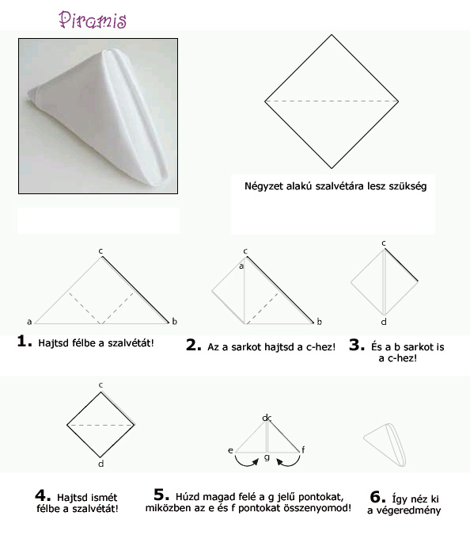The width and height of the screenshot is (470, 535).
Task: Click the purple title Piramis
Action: point(93,20)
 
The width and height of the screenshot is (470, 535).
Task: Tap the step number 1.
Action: point(25,341)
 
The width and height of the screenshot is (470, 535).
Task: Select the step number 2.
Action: point(194,345)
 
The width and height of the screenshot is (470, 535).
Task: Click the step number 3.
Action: point(357,345)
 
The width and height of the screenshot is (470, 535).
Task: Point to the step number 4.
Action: point(43,495)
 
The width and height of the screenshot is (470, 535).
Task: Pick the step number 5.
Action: point(161,494)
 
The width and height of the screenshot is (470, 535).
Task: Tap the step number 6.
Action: point(377,497)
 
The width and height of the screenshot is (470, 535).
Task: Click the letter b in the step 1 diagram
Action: point(174,321)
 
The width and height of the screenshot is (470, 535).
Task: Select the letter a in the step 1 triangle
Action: point(29,322)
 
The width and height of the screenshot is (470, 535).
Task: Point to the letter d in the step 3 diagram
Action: point(384,322)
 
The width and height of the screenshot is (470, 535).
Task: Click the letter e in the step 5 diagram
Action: point(230,450)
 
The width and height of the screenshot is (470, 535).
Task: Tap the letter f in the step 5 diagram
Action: point(303,449)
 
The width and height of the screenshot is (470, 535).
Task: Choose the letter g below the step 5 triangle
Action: point(267,457)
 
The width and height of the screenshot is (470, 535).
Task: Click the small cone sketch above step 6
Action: point(385,445)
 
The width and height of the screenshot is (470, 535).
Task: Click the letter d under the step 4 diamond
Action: point(100,464)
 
